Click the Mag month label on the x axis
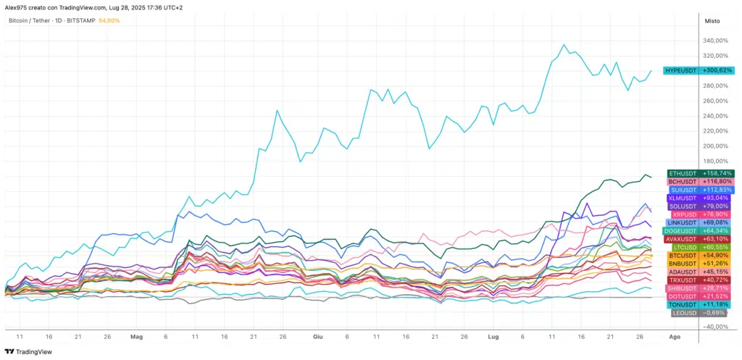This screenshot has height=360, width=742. pyautogui.click(x=137, y=337)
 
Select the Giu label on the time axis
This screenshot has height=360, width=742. pyautogui.click(x=317, y=337)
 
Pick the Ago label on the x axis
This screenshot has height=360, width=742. pyautogui.click(x=674, y=337)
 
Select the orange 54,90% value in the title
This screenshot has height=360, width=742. pyautogui.click(x=109, y=20)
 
